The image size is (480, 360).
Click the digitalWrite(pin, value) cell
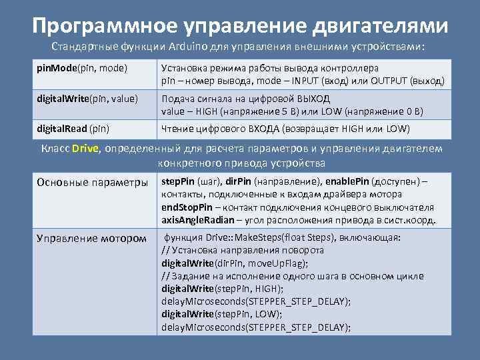coord(87,99)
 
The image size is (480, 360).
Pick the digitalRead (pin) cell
coord(73,128)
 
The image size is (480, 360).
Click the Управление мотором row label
coord(91,238)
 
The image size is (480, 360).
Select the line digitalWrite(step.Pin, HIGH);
coord(223,288)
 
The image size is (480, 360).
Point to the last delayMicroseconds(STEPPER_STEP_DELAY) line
coord(256,326)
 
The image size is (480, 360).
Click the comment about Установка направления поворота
coord(243,250)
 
